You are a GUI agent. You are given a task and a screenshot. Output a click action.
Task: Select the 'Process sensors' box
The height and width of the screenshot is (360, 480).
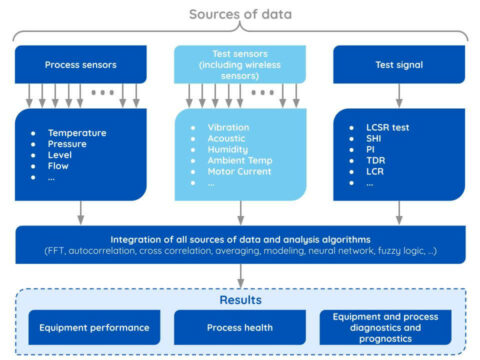(x=80, y=65)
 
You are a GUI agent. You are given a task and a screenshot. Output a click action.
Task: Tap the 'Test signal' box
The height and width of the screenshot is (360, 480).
(x=400, y=65)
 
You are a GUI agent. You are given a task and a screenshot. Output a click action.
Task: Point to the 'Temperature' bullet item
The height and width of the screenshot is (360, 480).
(x=76, y=132)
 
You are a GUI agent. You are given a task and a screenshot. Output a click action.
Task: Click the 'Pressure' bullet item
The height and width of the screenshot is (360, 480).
(x=68, y=146)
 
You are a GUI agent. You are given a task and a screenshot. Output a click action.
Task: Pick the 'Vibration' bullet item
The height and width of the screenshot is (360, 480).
(x=229, y=128)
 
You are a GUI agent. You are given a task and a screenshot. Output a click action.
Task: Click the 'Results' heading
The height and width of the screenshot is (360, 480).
(x=240, y=299)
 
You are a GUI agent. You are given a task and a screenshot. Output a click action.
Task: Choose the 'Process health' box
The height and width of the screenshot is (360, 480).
(x=240, y=327)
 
